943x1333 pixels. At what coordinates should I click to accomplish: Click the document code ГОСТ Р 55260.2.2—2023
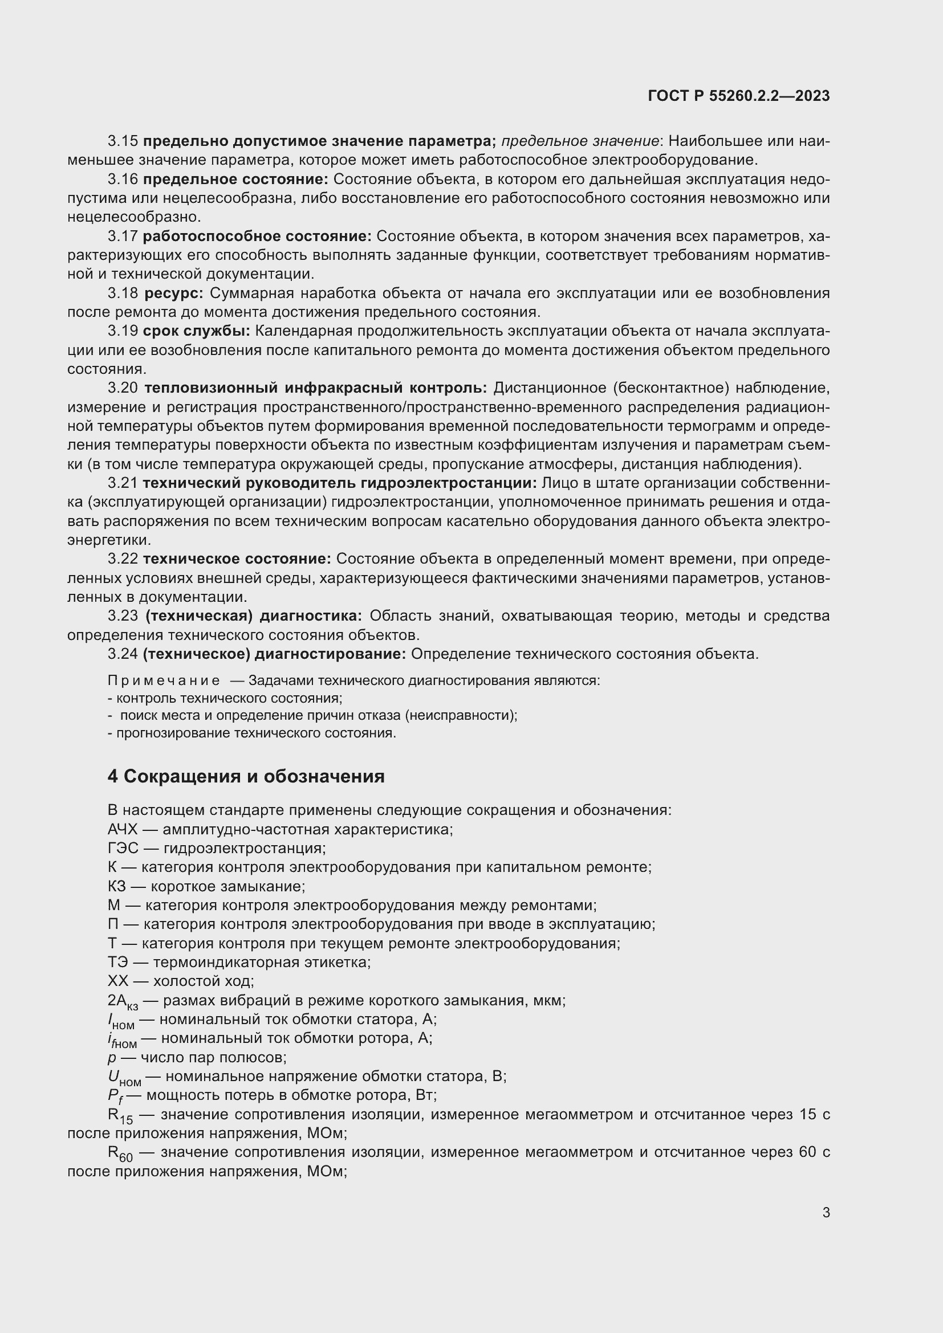pos(738,96)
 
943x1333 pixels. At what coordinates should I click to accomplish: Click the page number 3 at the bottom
pos(826,1212)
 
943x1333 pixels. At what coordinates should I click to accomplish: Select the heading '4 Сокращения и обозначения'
pos(246,776)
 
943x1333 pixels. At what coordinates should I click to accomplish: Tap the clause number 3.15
pos(123,141)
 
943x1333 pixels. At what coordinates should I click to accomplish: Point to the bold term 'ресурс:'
pos(174,293)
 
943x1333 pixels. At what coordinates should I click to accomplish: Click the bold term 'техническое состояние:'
pos(237,559)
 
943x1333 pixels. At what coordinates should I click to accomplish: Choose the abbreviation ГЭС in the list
pos(123,848)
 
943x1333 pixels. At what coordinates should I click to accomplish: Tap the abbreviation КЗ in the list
pos(117,887)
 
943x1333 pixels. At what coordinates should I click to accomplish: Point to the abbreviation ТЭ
pos(117,963)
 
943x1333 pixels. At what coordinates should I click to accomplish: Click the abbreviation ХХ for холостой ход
pos(117,981)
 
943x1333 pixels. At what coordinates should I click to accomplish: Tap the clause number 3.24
pos(123,654)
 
